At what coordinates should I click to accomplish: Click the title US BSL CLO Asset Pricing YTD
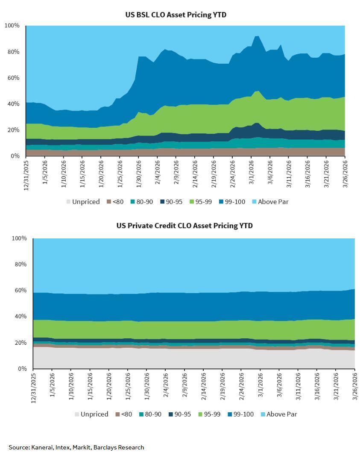coord(176,15)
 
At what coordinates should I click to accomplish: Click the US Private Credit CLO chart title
coord(184,226)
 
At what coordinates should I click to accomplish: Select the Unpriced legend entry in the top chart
coord(83,202)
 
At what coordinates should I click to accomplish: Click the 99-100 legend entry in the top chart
coord(230,202)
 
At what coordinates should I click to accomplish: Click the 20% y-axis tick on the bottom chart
coord(20,343)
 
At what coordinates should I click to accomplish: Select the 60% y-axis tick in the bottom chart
coord(20,291)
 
